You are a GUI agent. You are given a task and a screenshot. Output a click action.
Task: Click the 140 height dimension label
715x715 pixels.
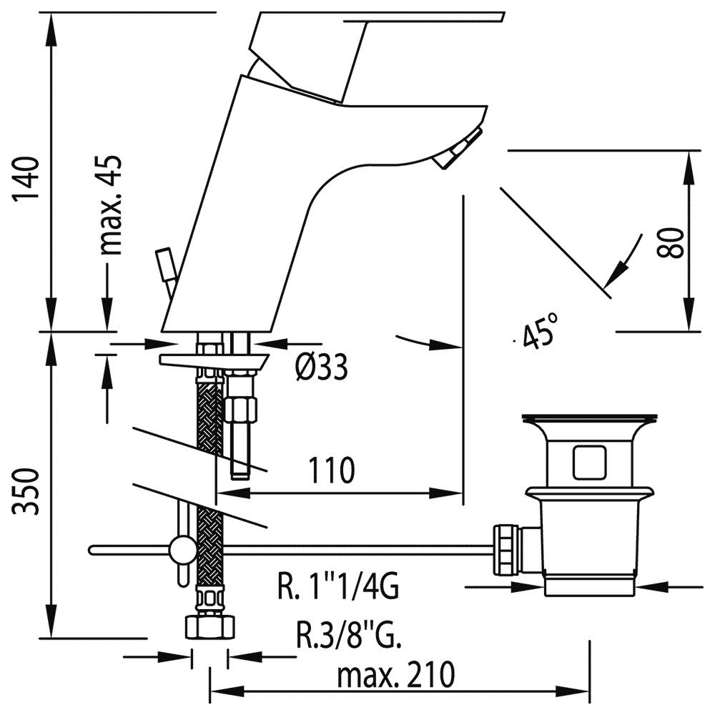pos(24,179)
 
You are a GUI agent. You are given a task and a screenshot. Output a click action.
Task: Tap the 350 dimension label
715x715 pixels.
pos(26,491)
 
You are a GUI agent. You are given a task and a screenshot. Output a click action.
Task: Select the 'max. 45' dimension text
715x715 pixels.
pos(110,205)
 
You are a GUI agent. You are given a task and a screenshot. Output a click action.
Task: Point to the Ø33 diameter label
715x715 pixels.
pos(321,367)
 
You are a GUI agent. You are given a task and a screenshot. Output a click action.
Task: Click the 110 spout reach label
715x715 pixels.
pos(332,470)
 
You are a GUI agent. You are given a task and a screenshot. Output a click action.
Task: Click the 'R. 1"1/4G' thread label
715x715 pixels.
pos(338,587)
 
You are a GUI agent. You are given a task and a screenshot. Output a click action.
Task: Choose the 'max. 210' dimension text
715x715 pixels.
pos(396,674)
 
